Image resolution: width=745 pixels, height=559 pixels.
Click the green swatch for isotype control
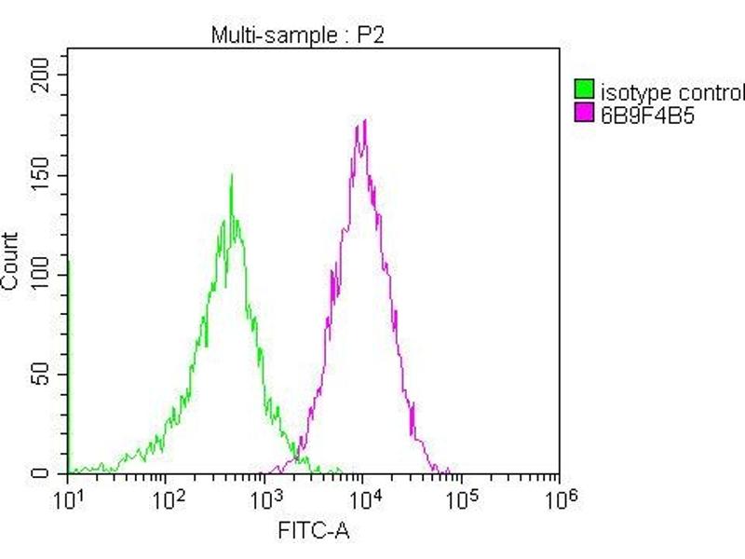[584, 91]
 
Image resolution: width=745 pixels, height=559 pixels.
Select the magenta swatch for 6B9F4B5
[584, 114]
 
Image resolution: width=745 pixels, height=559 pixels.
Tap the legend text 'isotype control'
[672, 92]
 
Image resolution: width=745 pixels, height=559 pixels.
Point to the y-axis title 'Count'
[10, 261]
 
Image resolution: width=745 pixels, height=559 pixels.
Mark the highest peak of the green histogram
[231, 175]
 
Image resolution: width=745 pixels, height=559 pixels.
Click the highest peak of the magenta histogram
[364, 120]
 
